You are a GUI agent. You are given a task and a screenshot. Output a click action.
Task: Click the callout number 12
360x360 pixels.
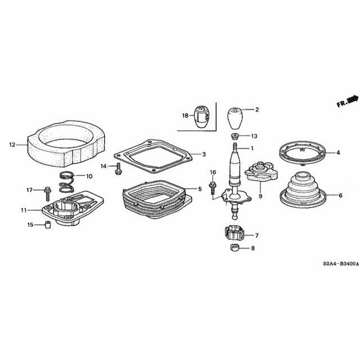pyautogui.click(x=12, y=145)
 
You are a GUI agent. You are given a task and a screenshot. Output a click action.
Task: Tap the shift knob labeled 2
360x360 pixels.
pyautogui.click(x=237, y=119)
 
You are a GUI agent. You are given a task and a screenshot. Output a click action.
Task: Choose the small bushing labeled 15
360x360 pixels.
pyautogui.click(x=48, y=226)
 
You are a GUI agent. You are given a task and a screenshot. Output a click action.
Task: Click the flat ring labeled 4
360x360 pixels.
pyautogui.click(x=304, y=152)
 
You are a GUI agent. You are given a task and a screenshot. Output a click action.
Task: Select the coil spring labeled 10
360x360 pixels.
pyautogui.click(x=68, y=181)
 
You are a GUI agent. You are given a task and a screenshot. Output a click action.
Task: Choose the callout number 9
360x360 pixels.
pyautogui.click(x=261, y=196)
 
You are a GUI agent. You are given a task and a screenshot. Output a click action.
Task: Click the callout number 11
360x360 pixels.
pyautogui.click(x=24, y=210)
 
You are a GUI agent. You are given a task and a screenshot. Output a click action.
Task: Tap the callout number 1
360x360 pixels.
pyautogui.click(x=252, y=148)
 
